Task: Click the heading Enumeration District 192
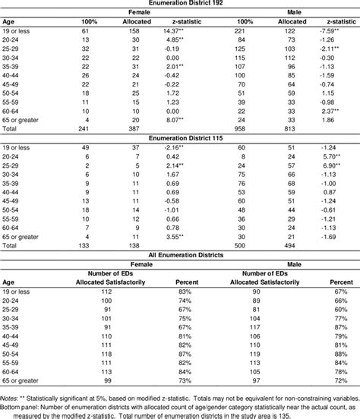pyautogui.click(x=180, y=5)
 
